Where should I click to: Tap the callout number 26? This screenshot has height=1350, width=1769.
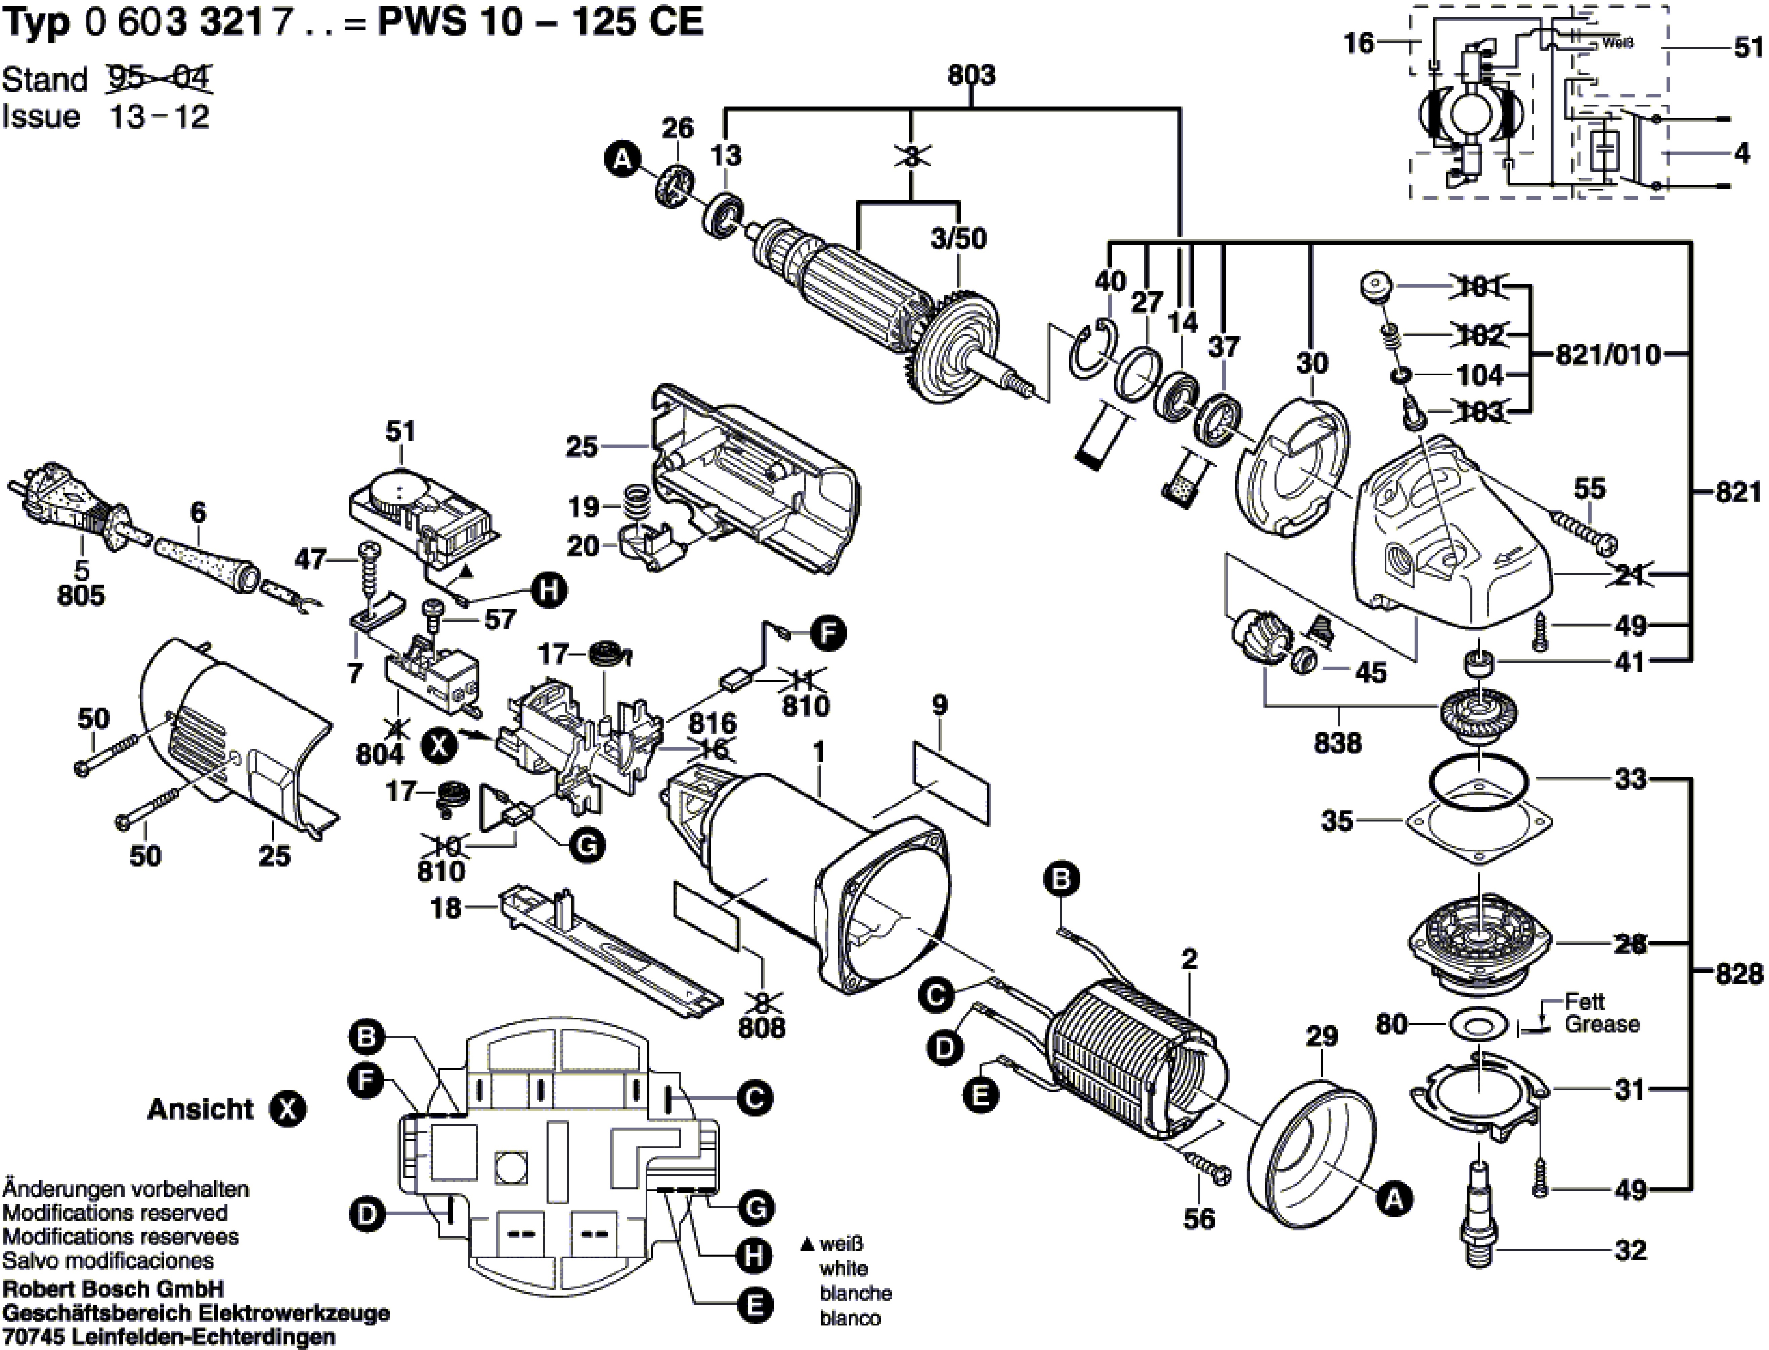tap(677, 128)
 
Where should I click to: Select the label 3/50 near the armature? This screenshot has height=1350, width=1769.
tap(958, 239)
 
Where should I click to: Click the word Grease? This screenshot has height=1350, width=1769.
tap(1602, 1024)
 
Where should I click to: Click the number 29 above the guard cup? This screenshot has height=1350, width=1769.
tap(1322, 1037)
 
